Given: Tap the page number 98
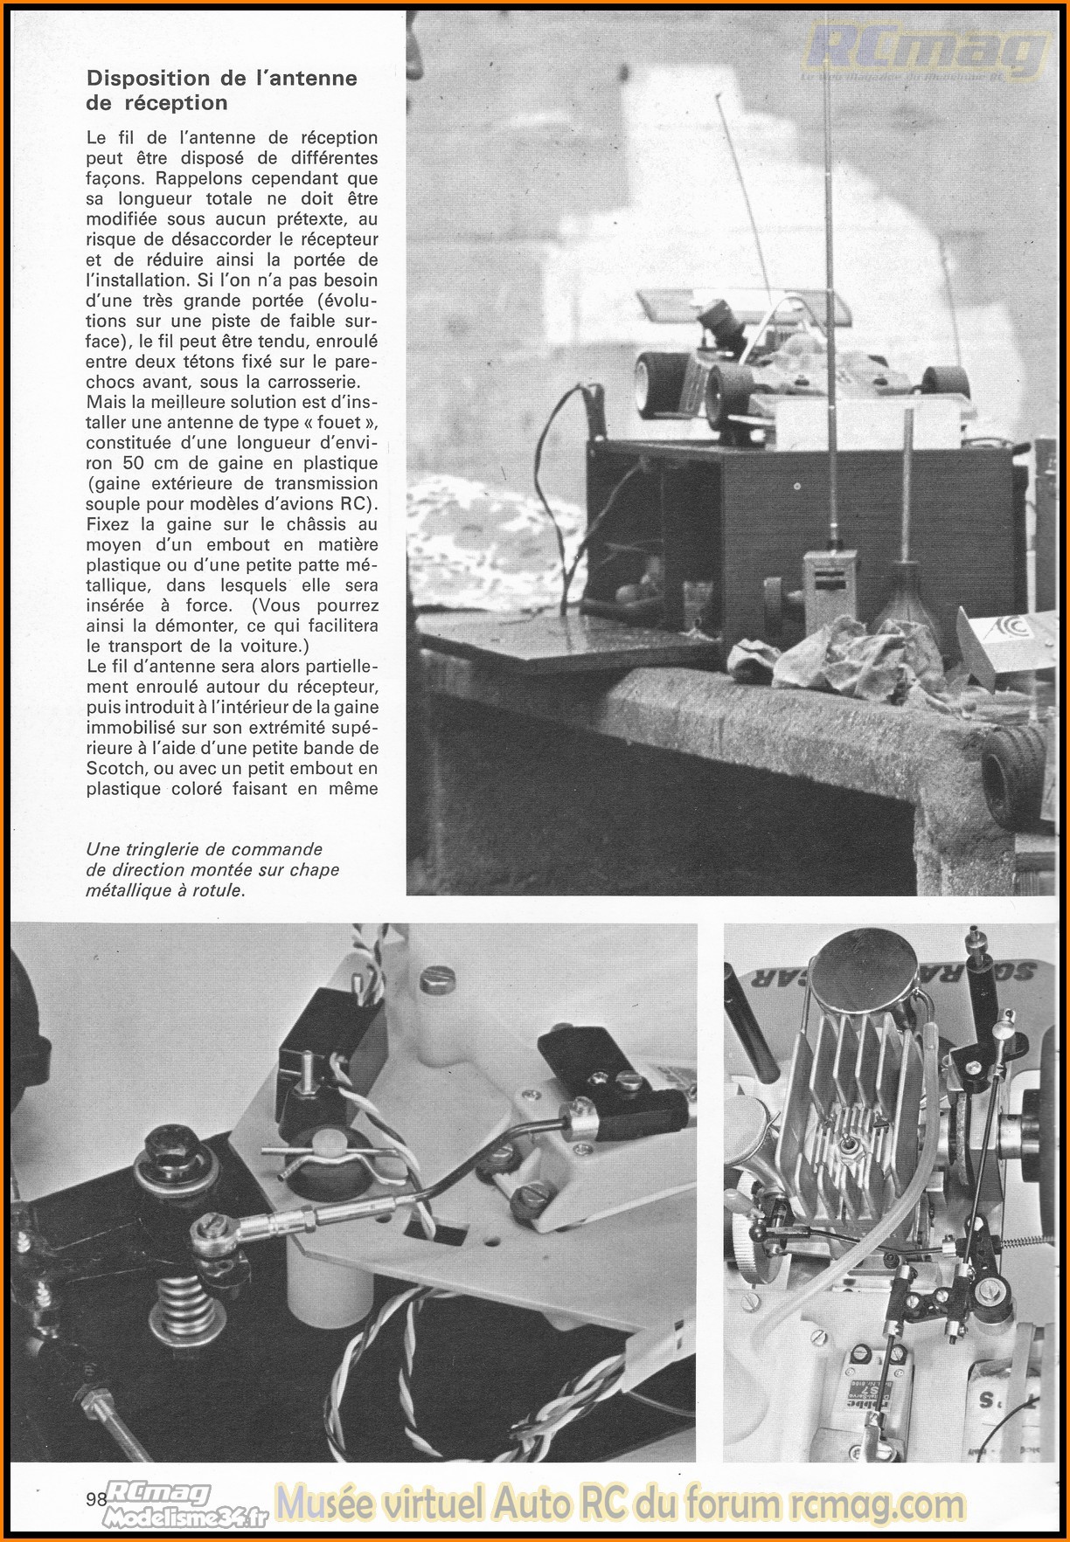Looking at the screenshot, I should (x=96, y=1499).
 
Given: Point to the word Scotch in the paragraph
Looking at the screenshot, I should (x=117, y=769).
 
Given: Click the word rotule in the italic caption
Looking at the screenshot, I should (x=217, y=891).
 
